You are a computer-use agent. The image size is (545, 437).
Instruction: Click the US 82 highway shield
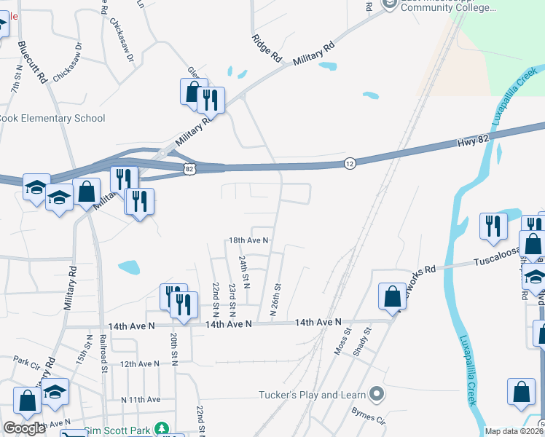coord(189,169)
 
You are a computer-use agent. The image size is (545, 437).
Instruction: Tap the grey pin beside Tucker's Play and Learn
coord(376,395)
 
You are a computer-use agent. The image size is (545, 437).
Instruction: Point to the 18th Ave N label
coord(249,240)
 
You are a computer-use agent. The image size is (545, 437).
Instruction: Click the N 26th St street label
coord(275,299)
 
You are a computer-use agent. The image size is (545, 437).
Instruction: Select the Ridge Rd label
coord(267,47)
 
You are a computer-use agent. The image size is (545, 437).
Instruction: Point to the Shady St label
coord(362,339)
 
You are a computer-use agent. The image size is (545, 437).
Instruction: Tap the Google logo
coord(24,428)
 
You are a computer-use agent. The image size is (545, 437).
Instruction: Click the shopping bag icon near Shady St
coord(392,296)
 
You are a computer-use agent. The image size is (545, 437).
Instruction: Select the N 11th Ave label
coord(141,399)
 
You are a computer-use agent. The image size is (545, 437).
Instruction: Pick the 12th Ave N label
coord(139,363)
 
